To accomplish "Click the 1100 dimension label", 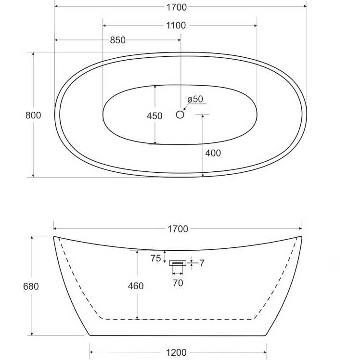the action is coord(176,26).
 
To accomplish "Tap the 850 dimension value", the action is coord(117,40).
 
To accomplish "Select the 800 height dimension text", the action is coord(33,115).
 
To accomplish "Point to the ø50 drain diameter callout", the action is coord(195,99).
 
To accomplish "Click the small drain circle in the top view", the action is coord(180,115).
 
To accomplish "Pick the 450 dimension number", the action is coord(154,116).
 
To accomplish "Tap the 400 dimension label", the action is coord(213,153).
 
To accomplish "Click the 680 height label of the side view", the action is coord(31,286).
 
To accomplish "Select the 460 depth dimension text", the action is coord(136,286).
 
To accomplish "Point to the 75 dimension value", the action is coord(156,258).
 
